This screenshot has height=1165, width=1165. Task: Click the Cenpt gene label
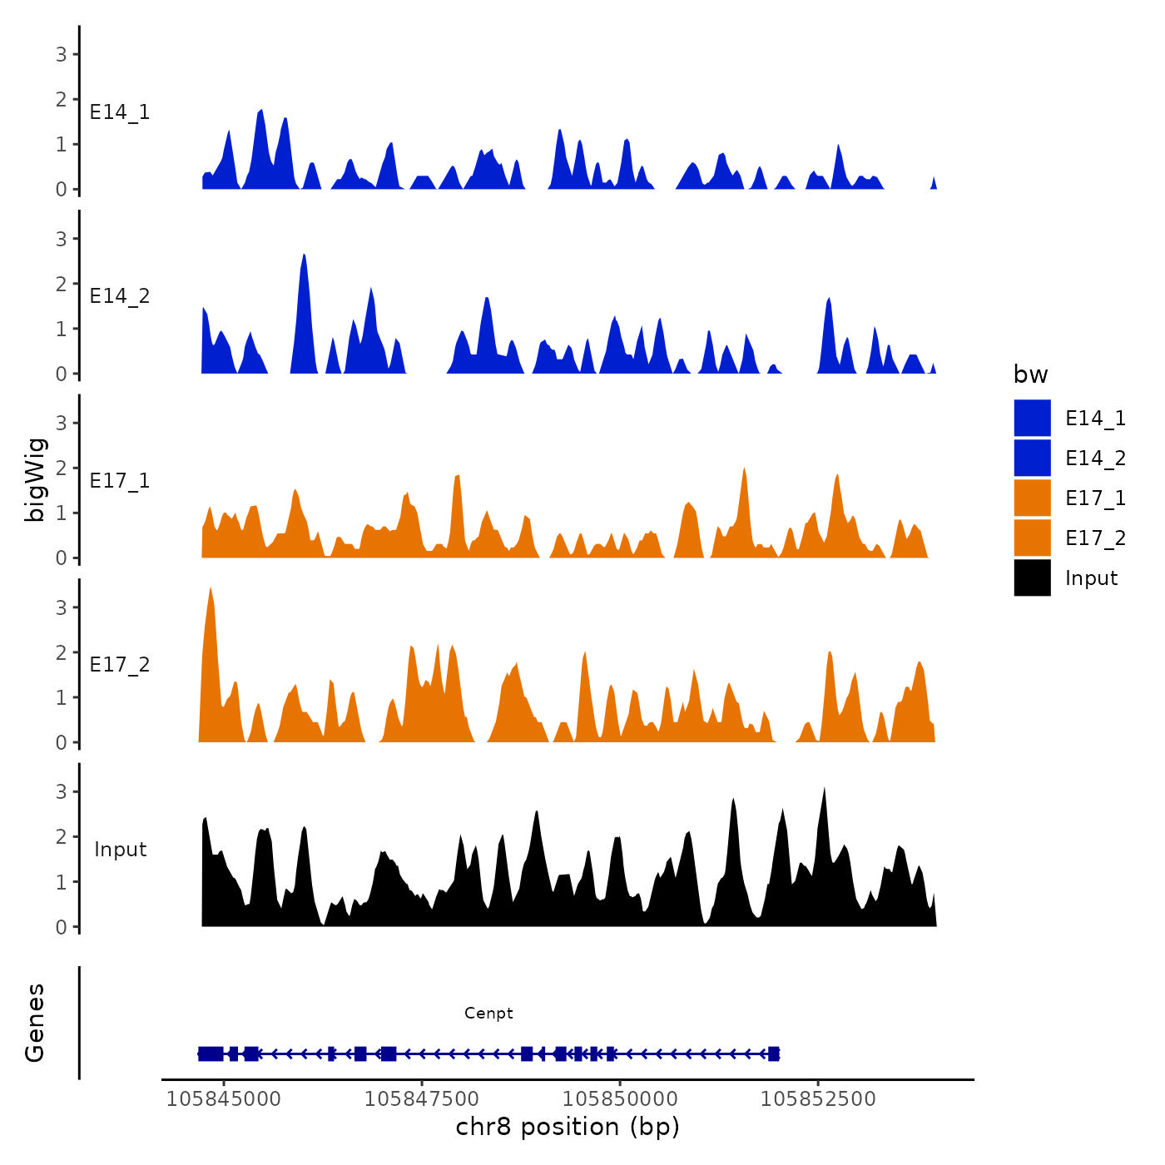coord(488,1013)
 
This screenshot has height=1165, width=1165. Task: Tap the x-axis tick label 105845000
coord(224,1099)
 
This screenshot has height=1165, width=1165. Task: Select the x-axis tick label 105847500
coord(422,1099)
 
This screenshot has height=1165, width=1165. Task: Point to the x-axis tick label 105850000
coord(620,1099)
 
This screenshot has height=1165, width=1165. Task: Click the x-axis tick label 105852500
coord(818,1099)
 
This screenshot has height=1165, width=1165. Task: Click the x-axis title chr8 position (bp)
coord(568,1128)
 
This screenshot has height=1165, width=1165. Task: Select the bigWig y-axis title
coord(35,479)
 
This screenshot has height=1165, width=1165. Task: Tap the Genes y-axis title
coord(35,1023)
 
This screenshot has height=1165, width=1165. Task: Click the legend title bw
coord(1030,375)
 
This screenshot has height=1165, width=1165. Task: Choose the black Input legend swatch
coord(1032,578)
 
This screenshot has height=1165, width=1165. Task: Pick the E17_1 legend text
coord(1095,498)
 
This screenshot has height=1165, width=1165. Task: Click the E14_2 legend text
coord(1095,459)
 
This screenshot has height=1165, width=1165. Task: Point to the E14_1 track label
coord(120,112)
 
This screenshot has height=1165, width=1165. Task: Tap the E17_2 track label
coord(120,665)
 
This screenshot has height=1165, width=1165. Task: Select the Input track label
coord(120,850)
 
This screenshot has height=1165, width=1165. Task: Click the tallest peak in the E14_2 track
coord(305,256)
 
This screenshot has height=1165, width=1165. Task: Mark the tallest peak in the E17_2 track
coord(211,589)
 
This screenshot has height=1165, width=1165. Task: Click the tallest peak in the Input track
coord(824,789)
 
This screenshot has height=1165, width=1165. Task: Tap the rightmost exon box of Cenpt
coord(774,1054)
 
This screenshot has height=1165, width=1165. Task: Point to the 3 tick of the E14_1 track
coord(62,55)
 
